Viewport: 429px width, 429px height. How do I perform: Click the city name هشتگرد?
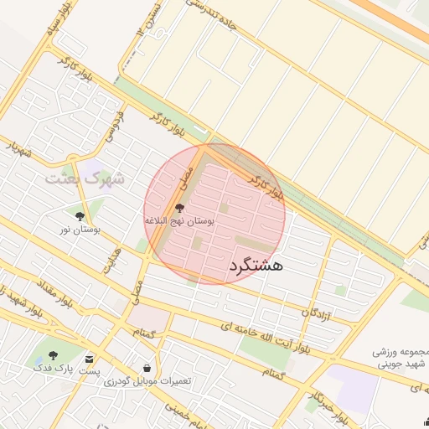pos(256,265)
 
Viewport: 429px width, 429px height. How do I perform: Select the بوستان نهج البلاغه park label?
pos(179,220)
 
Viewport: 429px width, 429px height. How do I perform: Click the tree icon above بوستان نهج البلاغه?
pos(179,207)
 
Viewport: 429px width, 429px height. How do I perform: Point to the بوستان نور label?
pos(80,229)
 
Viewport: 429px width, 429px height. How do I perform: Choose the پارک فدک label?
pos(52,368)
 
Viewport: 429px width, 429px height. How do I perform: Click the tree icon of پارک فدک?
pos(54,355)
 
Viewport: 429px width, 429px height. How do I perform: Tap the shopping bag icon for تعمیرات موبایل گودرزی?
pos(147,368)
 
